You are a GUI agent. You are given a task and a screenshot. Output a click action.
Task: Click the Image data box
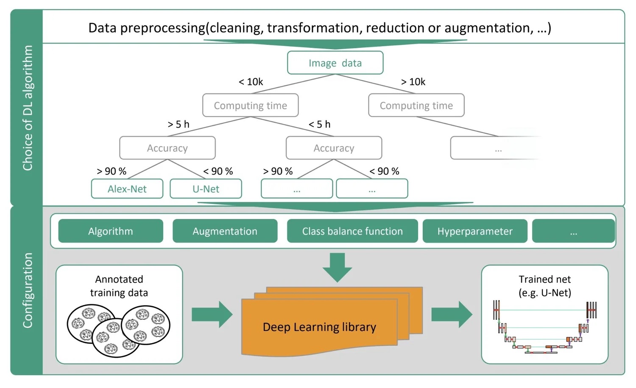(335, 63)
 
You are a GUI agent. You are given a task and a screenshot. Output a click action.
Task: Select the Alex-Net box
(127, 189)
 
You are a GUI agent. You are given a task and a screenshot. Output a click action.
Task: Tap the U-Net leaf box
(206, 189)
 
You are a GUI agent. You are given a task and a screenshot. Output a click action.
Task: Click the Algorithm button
(110, 231)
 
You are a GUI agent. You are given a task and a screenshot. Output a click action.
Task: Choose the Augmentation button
(225, 231)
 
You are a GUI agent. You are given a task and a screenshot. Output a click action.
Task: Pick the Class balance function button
(352, 231)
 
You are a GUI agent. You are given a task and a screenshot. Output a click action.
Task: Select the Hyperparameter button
(475, 231)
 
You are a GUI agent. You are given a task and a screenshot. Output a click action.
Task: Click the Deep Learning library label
(319, 327)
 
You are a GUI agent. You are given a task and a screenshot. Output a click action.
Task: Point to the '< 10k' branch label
(251, 82)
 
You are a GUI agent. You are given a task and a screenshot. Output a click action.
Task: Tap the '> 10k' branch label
(413, 82)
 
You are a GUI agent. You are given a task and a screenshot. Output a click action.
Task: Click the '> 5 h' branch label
(179, 124)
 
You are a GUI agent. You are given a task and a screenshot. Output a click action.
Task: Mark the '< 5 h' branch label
(319, 124)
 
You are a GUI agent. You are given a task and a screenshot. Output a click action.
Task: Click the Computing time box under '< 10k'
(250, 105)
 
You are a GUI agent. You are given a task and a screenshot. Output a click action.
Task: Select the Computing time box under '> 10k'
(416, 105)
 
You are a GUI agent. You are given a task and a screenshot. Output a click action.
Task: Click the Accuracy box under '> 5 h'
(167, 148)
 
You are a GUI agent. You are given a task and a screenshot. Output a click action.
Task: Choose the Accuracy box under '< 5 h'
(334, 148)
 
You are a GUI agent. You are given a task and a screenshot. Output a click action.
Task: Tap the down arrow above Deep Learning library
(337, 267)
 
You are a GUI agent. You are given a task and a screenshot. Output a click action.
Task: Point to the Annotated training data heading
(119, 286)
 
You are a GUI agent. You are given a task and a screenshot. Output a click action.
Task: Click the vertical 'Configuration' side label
(28, 290)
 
